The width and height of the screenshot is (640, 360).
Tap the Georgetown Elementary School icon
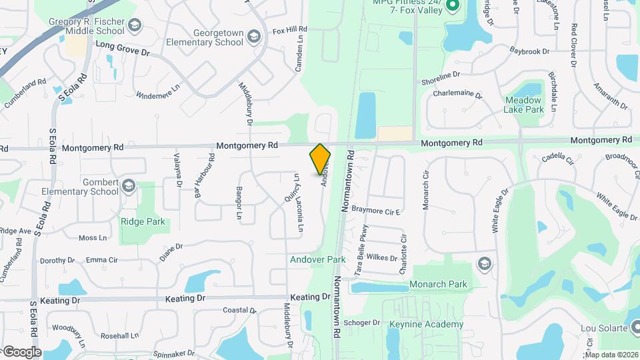[x=253, y=35]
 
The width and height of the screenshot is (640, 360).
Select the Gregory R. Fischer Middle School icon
[x=135, y=25]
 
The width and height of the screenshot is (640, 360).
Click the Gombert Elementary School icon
[x=128, y=185]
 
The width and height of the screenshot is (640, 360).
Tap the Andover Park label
[x=317, y=259]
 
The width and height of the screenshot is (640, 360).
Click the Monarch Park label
[x=438, y=285]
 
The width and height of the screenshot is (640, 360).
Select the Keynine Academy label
[x=417, y=325]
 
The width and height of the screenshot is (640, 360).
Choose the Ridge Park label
[x=142, y=221]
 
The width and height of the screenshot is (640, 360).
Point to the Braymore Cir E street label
[x=375, y=211]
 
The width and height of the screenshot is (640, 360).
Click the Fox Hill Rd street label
[x=289, y=30]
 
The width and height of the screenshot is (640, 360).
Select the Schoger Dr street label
[x=362, y=323]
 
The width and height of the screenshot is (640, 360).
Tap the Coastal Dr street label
[x=239, y=310]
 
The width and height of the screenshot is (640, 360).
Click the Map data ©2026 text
[x=611, y=355]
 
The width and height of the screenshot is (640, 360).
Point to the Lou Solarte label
[x=604, y=328]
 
